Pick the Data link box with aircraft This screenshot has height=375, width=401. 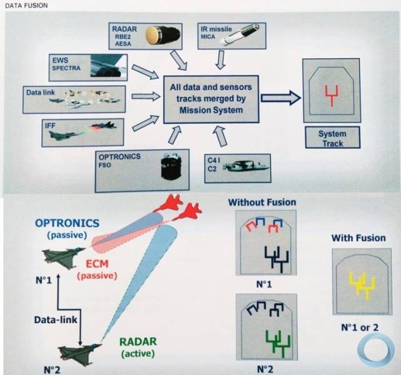tap(75, 99)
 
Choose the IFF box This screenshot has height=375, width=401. tap(74, 131)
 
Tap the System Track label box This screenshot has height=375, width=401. tap(331, 138)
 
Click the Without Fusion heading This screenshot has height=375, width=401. tap(262, 202)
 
